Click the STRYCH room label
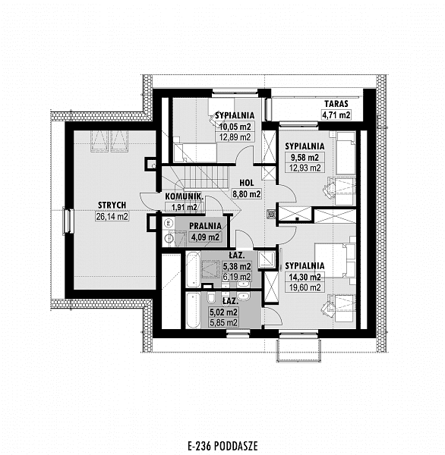point(112,206)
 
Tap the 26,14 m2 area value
point(112,216)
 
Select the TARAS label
point(336,104)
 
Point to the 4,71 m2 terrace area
point(336,115)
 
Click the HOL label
point(247,183)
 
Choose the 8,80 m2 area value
point(247,194)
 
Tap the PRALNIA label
point(205,226)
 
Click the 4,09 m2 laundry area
point(205,237)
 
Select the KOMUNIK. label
point(184,196)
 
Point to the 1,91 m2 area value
point(184,207)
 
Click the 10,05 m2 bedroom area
point(235,127)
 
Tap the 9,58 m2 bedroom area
point(305,157)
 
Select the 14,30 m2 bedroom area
point(305,277)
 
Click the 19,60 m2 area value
point(305,287)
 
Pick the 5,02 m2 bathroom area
point(224,312)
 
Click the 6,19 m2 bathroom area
point(237,277)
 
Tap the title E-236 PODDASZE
point(223,445)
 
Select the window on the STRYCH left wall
point(67,221)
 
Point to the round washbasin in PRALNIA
point(169,239)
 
